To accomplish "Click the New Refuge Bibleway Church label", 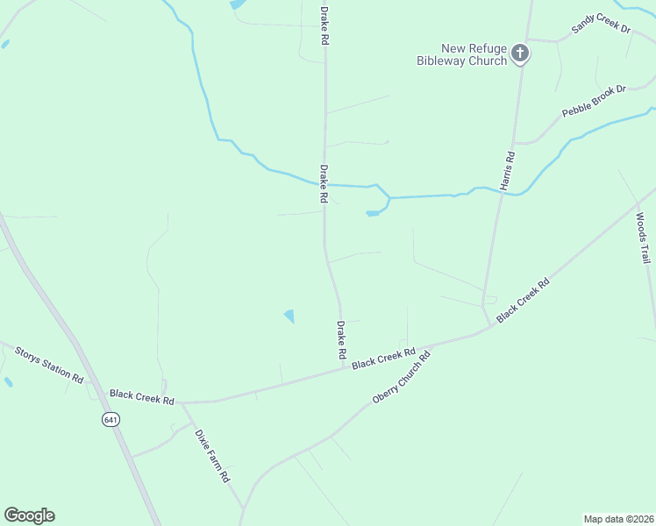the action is pyautogui.click(x=463, y=54).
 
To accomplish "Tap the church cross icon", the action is pyautogui.click(x=520, y=54).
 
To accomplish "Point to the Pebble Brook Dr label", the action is pyautogui.click(x=594, y=102).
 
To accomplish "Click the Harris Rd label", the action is pyautogui.click(x=508, y=170).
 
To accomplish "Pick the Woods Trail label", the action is pyautogui.click(x=643, y=238).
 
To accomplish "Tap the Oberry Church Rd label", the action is pyautogui.click(x=403, y=377).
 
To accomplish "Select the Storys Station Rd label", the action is pyautogui.click(x=49, y=364).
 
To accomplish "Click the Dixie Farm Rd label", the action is pyautogui.click(x=211, y=456).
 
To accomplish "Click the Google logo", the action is pyautogui.click(x=29, y=515).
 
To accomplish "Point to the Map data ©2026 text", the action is pyautogui.click(x=617, y=519).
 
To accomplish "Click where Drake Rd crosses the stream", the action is pyautogui.click(x=324, y=185).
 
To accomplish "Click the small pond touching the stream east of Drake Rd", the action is pyautogui.click(x=374, y=212).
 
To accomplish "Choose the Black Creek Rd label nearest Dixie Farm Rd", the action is pyautogui.click(x=142, y=396).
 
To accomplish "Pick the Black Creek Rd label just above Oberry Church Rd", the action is pyautogui.click(x=383, y=359).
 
